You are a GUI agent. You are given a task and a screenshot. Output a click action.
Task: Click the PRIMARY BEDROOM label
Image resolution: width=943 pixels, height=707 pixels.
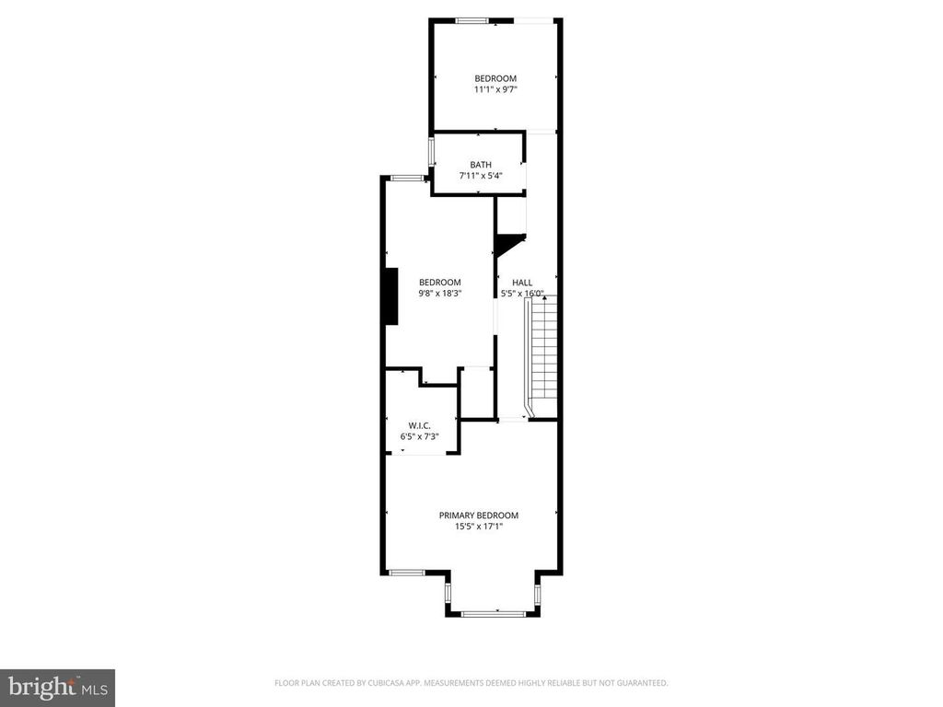point(479,516)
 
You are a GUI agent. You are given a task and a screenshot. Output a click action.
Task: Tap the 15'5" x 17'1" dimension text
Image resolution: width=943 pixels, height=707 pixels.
point(479,527)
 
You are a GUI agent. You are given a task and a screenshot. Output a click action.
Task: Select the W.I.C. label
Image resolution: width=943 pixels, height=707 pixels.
point(420,425)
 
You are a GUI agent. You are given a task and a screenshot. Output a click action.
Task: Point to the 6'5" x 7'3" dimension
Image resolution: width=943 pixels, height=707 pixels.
point(420,436)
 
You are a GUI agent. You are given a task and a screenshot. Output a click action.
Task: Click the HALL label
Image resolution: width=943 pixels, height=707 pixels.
point(522,283)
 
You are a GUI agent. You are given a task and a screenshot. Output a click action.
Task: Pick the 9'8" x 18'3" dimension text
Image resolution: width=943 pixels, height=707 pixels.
point(440,294)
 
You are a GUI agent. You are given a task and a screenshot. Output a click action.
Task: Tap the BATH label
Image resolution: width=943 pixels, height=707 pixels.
point(481,165)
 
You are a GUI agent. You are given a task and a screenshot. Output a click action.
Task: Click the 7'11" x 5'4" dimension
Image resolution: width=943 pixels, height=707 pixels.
point(481,176)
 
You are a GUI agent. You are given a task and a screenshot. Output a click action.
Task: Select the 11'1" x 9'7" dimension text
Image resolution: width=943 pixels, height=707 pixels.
point(495,89)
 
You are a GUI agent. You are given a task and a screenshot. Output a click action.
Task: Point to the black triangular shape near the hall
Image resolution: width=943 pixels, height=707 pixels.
point(507,244)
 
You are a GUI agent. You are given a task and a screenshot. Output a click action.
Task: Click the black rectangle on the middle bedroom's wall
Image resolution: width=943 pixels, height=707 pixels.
point(392,296)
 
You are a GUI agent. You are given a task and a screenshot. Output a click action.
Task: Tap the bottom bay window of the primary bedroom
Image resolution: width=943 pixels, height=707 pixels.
point(494,614)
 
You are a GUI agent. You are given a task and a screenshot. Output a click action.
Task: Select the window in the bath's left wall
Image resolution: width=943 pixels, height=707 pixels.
point(431,152)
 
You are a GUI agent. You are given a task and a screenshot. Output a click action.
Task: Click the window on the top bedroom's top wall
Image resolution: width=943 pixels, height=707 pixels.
point(472,20)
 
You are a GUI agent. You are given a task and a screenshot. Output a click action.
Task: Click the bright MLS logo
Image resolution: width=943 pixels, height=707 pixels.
point(58,688)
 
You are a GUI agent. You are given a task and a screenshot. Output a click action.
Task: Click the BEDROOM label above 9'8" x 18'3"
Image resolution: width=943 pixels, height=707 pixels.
point(440,283)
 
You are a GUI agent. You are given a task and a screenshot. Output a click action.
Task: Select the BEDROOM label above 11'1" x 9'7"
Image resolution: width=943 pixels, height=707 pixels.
point(495,79)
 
